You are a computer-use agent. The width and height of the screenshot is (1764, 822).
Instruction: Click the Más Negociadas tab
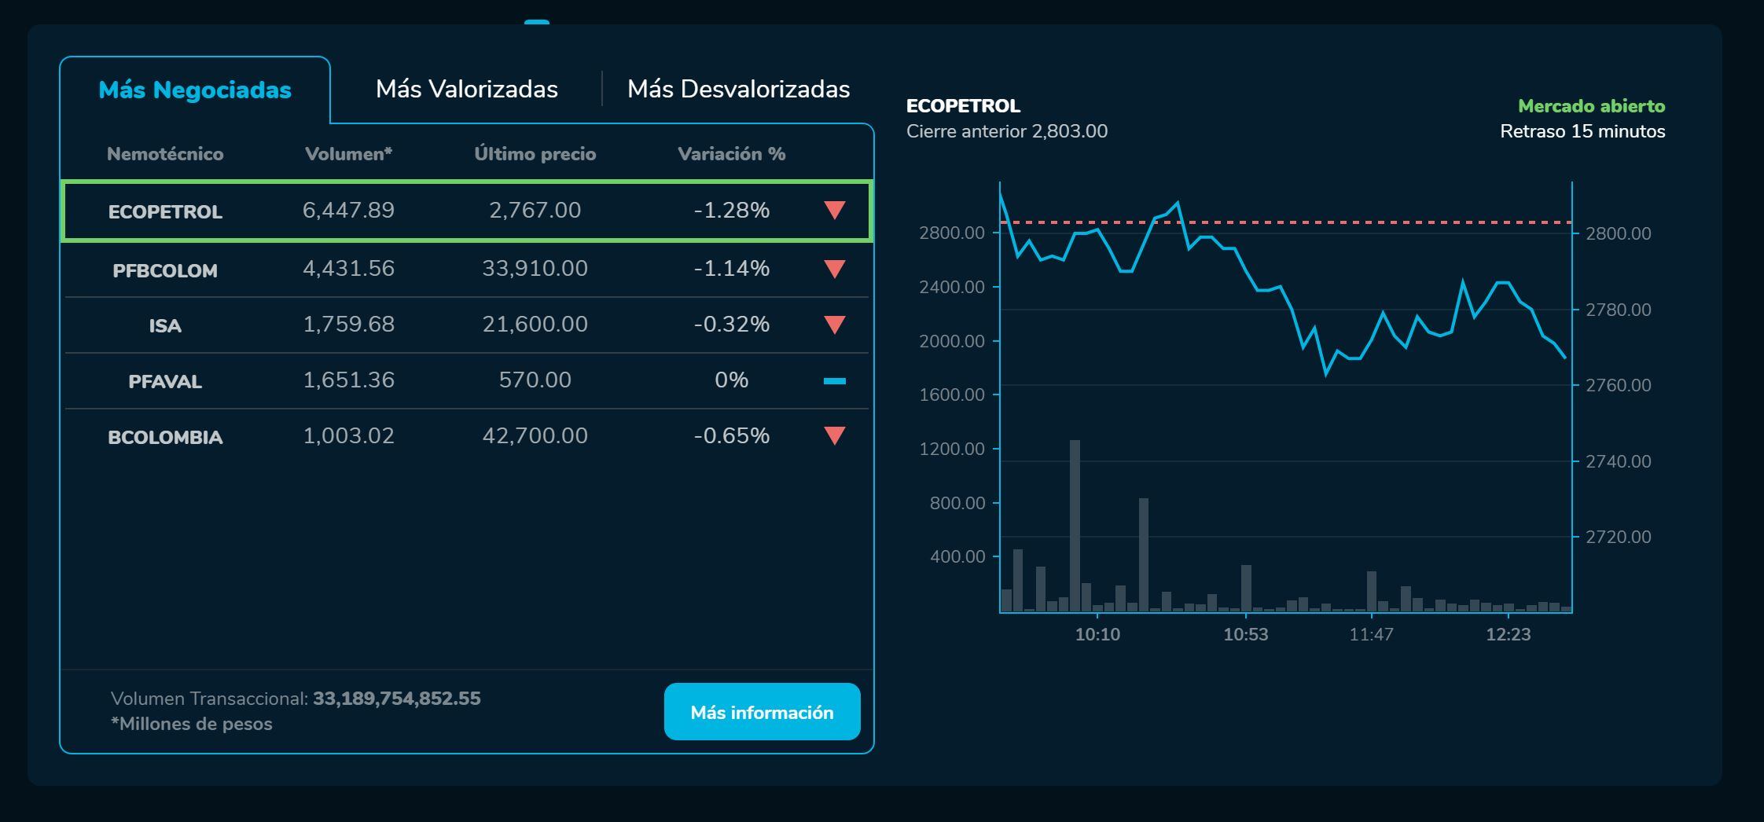pos(195,90)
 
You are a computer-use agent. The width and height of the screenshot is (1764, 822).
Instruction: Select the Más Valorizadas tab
pos(467,90)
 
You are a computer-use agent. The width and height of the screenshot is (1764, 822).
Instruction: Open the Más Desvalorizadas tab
pos(738,90)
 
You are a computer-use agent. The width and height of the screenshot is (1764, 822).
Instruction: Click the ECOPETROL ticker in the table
pos(165,211)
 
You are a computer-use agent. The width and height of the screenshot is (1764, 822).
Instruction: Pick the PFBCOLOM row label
pos(165,270)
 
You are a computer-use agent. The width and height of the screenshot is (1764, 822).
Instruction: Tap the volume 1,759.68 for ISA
pos(348,325)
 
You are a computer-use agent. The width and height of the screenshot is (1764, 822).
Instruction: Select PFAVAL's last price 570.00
pos(535,380)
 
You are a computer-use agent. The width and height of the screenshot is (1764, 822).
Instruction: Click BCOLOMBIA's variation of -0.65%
pos(731,436)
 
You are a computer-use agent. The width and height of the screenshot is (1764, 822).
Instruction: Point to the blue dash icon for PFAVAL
pos(834,381)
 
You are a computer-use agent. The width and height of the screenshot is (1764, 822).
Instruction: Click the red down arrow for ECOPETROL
pos(834,210)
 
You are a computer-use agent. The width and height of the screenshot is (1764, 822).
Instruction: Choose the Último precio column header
pos(535,154)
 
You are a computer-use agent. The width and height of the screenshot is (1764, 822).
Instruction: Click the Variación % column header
pos(731,154)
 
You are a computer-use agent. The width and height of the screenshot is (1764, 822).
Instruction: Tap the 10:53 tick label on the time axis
pos(1245,634)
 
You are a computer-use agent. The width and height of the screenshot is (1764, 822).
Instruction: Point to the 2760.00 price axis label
pos(1618,385)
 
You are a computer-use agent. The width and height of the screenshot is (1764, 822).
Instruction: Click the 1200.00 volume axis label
pos(952,449)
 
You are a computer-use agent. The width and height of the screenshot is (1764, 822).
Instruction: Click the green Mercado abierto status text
pos(1591,106)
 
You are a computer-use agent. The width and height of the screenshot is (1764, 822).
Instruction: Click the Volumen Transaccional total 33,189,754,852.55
pos(396,699)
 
